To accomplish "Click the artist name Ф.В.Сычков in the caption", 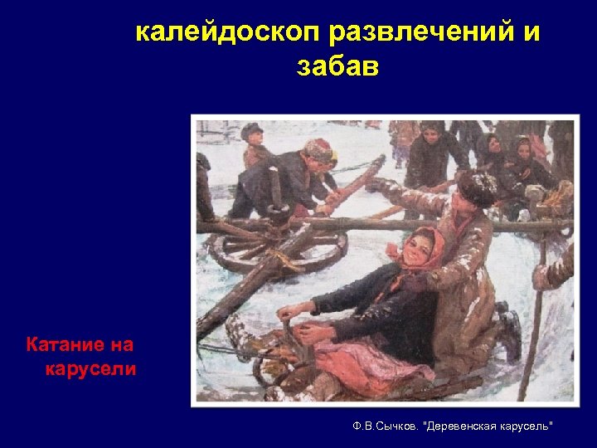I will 384,426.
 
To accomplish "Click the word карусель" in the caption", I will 526,426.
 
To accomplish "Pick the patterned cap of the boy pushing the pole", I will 318,149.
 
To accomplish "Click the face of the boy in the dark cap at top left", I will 254,138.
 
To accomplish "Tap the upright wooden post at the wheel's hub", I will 275,197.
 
